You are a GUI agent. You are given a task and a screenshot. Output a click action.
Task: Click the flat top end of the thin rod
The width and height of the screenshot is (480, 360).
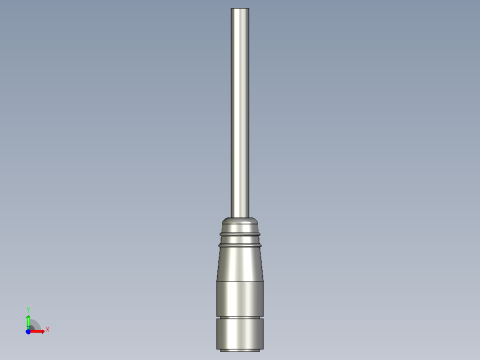pos(240,9)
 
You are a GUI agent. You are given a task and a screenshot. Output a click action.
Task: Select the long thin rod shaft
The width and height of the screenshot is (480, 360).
pos(240,111)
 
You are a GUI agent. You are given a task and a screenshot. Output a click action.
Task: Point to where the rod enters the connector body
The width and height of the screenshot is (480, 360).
pos(240,216)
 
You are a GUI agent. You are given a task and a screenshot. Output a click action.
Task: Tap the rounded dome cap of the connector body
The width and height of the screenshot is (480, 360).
pos(240,224)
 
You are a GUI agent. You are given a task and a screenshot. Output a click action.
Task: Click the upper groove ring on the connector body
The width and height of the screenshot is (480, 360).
pos(240,235)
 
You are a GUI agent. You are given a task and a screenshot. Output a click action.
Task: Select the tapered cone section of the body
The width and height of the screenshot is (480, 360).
pos(240,263)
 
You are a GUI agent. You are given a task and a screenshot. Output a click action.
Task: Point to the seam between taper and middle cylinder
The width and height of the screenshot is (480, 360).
pos(240,281)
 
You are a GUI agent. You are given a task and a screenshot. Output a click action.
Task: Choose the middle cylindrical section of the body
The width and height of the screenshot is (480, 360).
pos(240,297)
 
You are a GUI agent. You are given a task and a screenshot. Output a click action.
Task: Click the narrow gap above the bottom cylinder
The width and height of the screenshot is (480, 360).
pos(240,318)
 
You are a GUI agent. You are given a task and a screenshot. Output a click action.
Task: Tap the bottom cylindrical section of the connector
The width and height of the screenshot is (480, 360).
pos(240,332)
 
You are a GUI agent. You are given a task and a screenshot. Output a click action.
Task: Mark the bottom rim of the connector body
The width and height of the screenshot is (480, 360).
pos(240,348)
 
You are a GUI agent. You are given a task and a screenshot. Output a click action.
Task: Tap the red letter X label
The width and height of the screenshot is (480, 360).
pos(47,329)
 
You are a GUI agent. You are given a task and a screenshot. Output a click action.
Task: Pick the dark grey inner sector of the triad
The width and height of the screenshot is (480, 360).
pos(32,326)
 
